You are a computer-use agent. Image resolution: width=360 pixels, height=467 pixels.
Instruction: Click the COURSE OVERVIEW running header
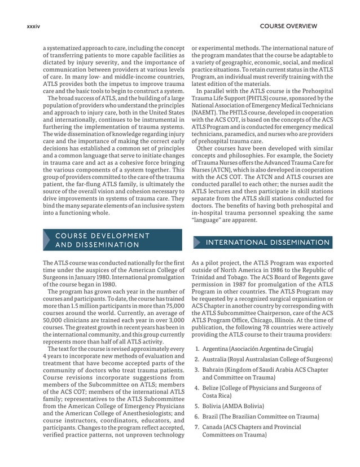click(x=288, y=26)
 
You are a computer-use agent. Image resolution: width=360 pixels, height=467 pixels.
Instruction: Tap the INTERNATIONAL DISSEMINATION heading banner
click(x=267, y=243)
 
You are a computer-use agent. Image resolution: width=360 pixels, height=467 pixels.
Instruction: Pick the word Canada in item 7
click(x=215, y=427)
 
